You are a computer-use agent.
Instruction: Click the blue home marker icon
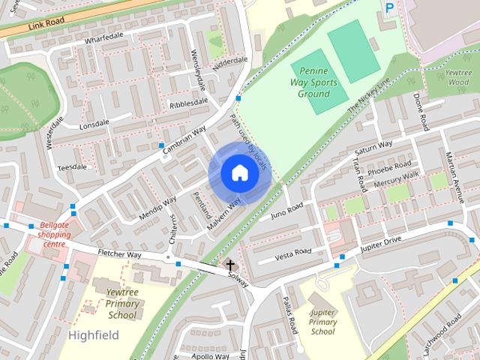click(238, 173)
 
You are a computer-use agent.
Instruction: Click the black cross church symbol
click(230, 265)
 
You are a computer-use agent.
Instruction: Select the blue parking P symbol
click(388, 8)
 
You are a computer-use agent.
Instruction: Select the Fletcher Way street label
click(119, 255)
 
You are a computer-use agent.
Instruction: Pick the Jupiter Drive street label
click(382, 244)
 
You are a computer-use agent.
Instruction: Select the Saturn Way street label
click(373, 148)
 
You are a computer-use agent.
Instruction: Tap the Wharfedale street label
click(103, 37)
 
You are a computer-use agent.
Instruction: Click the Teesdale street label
click(72, 167)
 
